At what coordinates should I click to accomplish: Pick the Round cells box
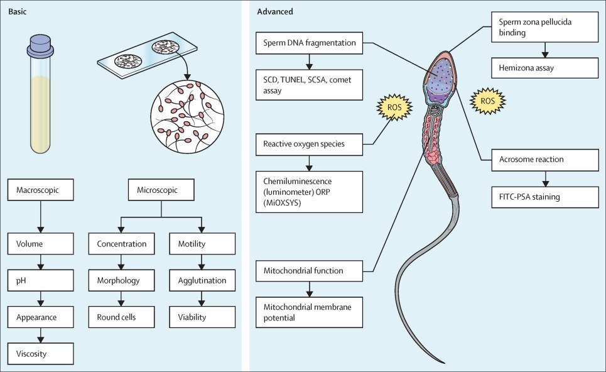121,317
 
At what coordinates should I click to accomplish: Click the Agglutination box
202,280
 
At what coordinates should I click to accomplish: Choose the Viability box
202,317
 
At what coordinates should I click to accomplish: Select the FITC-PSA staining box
544,197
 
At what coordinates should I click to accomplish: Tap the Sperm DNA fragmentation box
310,43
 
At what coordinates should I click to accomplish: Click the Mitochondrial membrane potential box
310,312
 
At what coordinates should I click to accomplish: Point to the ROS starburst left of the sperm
393,107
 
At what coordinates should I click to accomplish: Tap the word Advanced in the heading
275,11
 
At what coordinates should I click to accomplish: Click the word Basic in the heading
19,11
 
